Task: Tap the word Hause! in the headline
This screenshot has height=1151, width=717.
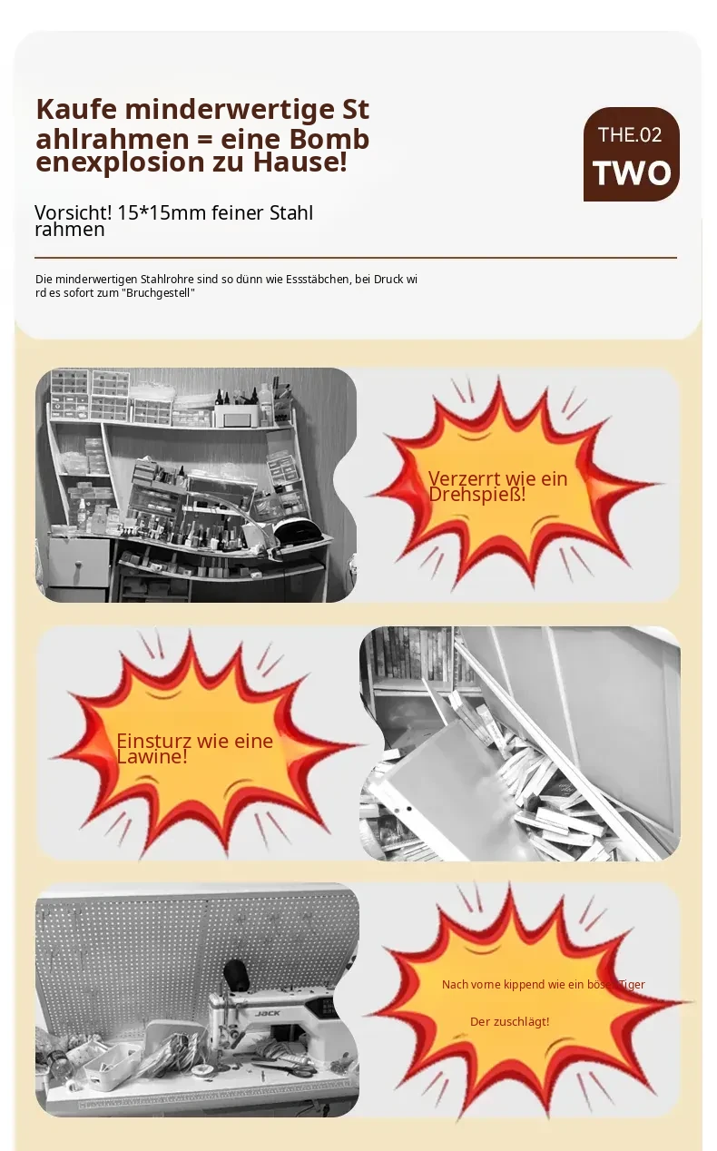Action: click(x=300, y=162)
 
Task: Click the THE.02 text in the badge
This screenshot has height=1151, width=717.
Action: click(x=630, y=134)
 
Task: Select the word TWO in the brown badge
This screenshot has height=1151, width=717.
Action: click(x=632, y=172)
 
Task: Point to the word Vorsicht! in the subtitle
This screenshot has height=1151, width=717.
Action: click(x=73, y=212)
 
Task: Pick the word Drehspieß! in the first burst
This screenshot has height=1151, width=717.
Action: click(x=477, y=495)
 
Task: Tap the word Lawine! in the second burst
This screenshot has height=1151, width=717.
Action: click(x=152, y=756)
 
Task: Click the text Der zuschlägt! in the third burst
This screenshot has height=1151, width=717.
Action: click(x=509, y=1021)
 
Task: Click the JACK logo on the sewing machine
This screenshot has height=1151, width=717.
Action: click(x=268, y=1013)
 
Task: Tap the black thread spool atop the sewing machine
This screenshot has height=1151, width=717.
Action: click(x=237, y=974)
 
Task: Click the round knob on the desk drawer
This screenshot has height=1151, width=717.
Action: click(x=78, y=566)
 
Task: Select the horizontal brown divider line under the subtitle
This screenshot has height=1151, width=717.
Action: click(x=356, y=258)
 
